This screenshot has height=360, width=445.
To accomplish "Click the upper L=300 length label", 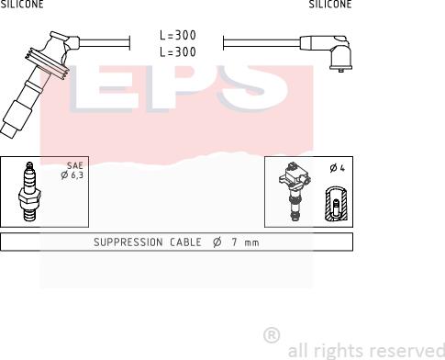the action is pos(178,35).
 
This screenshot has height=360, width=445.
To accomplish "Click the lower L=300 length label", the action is pos(178,51).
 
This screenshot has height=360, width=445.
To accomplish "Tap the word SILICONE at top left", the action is pos(22,4).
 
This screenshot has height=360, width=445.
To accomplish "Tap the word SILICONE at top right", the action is pos(330,4).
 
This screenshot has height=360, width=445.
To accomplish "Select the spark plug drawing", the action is pos(29,191).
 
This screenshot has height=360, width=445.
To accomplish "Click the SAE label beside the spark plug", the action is pos(75,165).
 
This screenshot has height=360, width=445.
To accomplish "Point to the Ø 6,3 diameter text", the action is pos(72,175).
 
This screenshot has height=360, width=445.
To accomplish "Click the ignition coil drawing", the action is pos(295,191).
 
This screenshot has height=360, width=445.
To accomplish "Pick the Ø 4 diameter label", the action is pos(338,168).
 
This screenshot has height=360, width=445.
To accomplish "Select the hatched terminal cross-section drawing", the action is pos(337,203).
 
